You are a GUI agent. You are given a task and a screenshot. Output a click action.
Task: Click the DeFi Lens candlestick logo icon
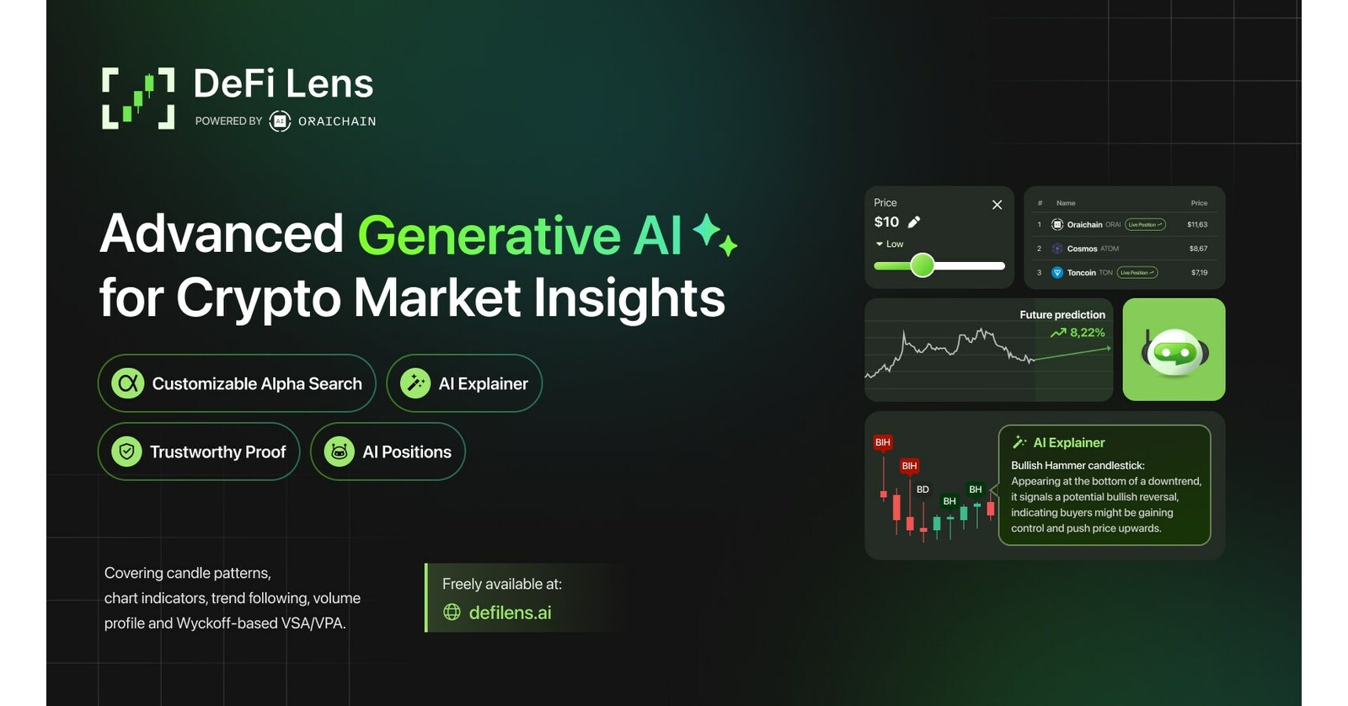138,99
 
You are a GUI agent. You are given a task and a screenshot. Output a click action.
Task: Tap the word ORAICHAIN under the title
336,121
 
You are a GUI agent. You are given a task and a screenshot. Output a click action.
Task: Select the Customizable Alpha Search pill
237,383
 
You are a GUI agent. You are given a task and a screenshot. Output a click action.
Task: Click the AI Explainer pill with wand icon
464,383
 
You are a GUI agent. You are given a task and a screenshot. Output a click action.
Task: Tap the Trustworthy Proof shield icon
126,452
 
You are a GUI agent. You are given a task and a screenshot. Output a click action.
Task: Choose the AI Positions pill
388,452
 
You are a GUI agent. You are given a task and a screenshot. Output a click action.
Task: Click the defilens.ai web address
510,612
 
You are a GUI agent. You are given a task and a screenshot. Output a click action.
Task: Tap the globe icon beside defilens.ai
452,612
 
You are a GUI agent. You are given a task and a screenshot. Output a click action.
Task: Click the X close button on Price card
997,205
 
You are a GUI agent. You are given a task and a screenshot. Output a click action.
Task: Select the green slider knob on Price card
923,265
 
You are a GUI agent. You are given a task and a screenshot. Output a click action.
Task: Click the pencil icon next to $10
914,222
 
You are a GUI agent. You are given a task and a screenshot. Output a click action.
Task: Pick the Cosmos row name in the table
1082,249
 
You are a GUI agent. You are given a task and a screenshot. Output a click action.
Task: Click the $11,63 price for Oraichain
1197,225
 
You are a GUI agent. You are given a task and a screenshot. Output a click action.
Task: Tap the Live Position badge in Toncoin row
1137,273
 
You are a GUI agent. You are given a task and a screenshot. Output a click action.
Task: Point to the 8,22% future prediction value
1087,333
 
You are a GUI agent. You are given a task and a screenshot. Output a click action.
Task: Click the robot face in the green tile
1174,351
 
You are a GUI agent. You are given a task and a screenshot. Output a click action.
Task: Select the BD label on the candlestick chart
923,489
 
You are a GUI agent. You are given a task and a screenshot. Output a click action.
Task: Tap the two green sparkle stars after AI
714,234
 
